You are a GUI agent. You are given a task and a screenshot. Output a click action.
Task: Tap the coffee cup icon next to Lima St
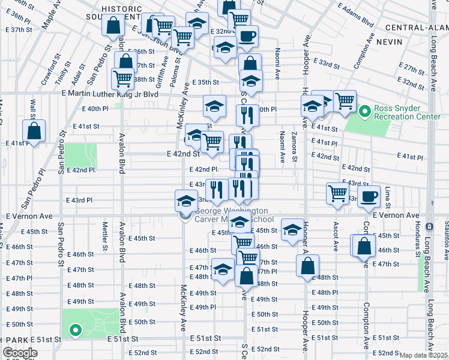tap(369, 196)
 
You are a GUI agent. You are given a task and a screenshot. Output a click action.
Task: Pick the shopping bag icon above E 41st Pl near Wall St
tap(35, 131)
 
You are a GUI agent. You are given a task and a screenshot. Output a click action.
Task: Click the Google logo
tap(20, 353)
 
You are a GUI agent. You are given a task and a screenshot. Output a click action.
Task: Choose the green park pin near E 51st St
tap(74, 329)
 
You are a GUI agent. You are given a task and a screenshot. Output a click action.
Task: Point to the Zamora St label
tap(295, 147)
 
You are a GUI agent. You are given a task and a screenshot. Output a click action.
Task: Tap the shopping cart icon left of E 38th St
tap(122, 78)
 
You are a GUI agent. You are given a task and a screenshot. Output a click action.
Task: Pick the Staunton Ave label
tap(444, 245)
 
